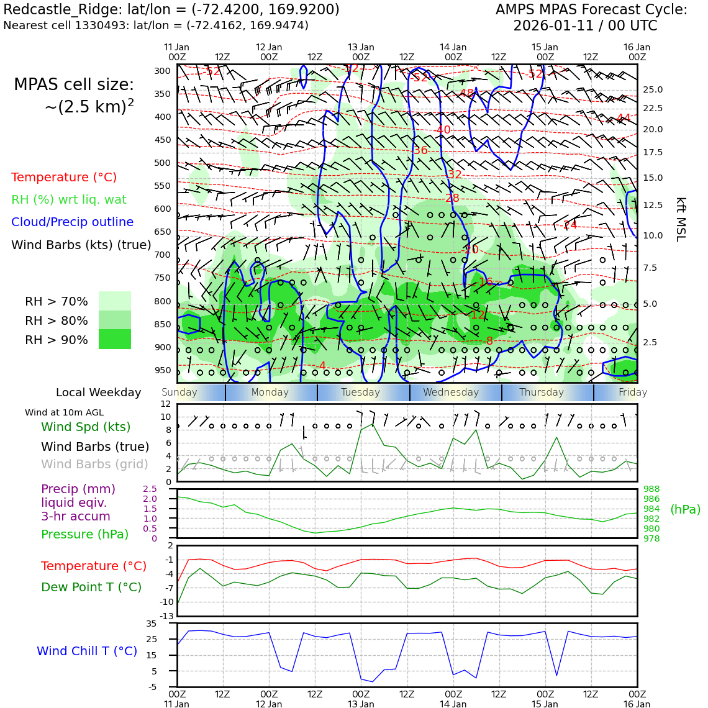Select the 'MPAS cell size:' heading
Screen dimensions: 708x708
tap(74, 85)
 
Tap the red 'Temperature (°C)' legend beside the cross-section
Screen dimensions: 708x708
tap(64, 178)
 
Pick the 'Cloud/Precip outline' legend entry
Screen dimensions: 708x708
tap(72, 222)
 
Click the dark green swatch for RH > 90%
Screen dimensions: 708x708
tap(115, 340)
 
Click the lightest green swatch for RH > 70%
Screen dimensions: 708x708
tap(115, 301)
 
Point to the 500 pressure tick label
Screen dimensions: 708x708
tap(162, 163)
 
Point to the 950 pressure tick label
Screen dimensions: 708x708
tap(162, 371)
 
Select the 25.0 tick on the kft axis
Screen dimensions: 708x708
tap(653, 90)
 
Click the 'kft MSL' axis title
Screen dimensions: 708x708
tap(681, 219)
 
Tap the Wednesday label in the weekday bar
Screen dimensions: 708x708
tap(451, 393)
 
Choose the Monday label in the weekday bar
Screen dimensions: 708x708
tap(270, 393)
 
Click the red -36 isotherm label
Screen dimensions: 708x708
tap(420, 151)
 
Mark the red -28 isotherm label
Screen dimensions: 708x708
tap(452, 199)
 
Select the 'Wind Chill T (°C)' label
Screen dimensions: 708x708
tap(87, 651)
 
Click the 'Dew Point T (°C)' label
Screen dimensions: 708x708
tap(91, 588)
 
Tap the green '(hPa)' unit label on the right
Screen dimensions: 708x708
tap(685, 510)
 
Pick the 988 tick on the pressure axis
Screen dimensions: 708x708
tap(651, 489)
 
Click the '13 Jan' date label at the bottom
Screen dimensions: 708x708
tap(361, 704)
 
